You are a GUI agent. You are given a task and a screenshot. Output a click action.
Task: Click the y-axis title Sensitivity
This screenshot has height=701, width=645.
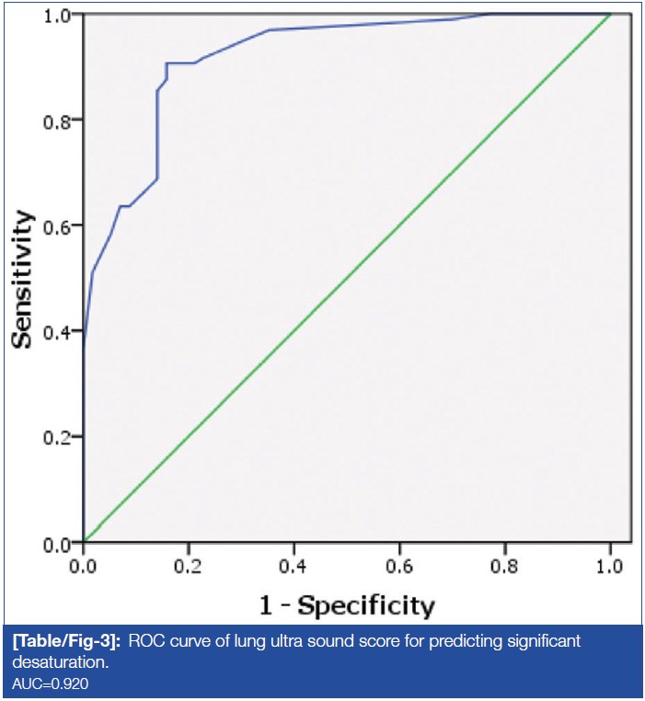(x=25, y=279)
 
